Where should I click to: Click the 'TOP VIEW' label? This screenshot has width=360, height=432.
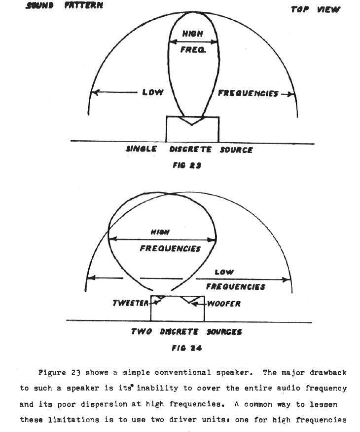(316, 10)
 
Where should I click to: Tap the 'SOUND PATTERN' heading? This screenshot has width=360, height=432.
(65, 5)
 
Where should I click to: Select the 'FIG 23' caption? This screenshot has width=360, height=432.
(187, 165)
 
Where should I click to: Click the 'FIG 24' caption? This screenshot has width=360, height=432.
(187, 348)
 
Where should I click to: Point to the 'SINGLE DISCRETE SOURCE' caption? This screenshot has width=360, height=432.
(189, 149)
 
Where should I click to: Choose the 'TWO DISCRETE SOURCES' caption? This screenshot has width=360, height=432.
(186, 331)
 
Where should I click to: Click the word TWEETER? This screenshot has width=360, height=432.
(131, 303)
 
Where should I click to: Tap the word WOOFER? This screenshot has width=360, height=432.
(224, 304)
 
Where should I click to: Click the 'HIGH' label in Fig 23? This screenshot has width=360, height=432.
(193, 34)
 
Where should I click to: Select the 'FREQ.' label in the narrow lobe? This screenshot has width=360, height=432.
(193, 49)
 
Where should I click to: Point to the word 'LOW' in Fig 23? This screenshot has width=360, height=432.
(153, 92)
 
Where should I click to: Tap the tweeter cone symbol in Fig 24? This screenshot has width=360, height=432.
(160, 298)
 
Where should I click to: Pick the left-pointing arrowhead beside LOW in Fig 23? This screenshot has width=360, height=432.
(95, 92)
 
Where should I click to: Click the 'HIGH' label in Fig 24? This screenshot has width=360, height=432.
(160, 232)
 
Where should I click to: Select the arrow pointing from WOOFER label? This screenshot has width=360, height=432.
(199, 304)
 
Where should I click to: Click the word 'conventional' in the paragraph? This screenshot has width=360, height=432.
(182, 372)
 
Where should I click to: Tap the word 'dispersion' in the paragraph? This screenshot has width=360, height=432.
(105, 404)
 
